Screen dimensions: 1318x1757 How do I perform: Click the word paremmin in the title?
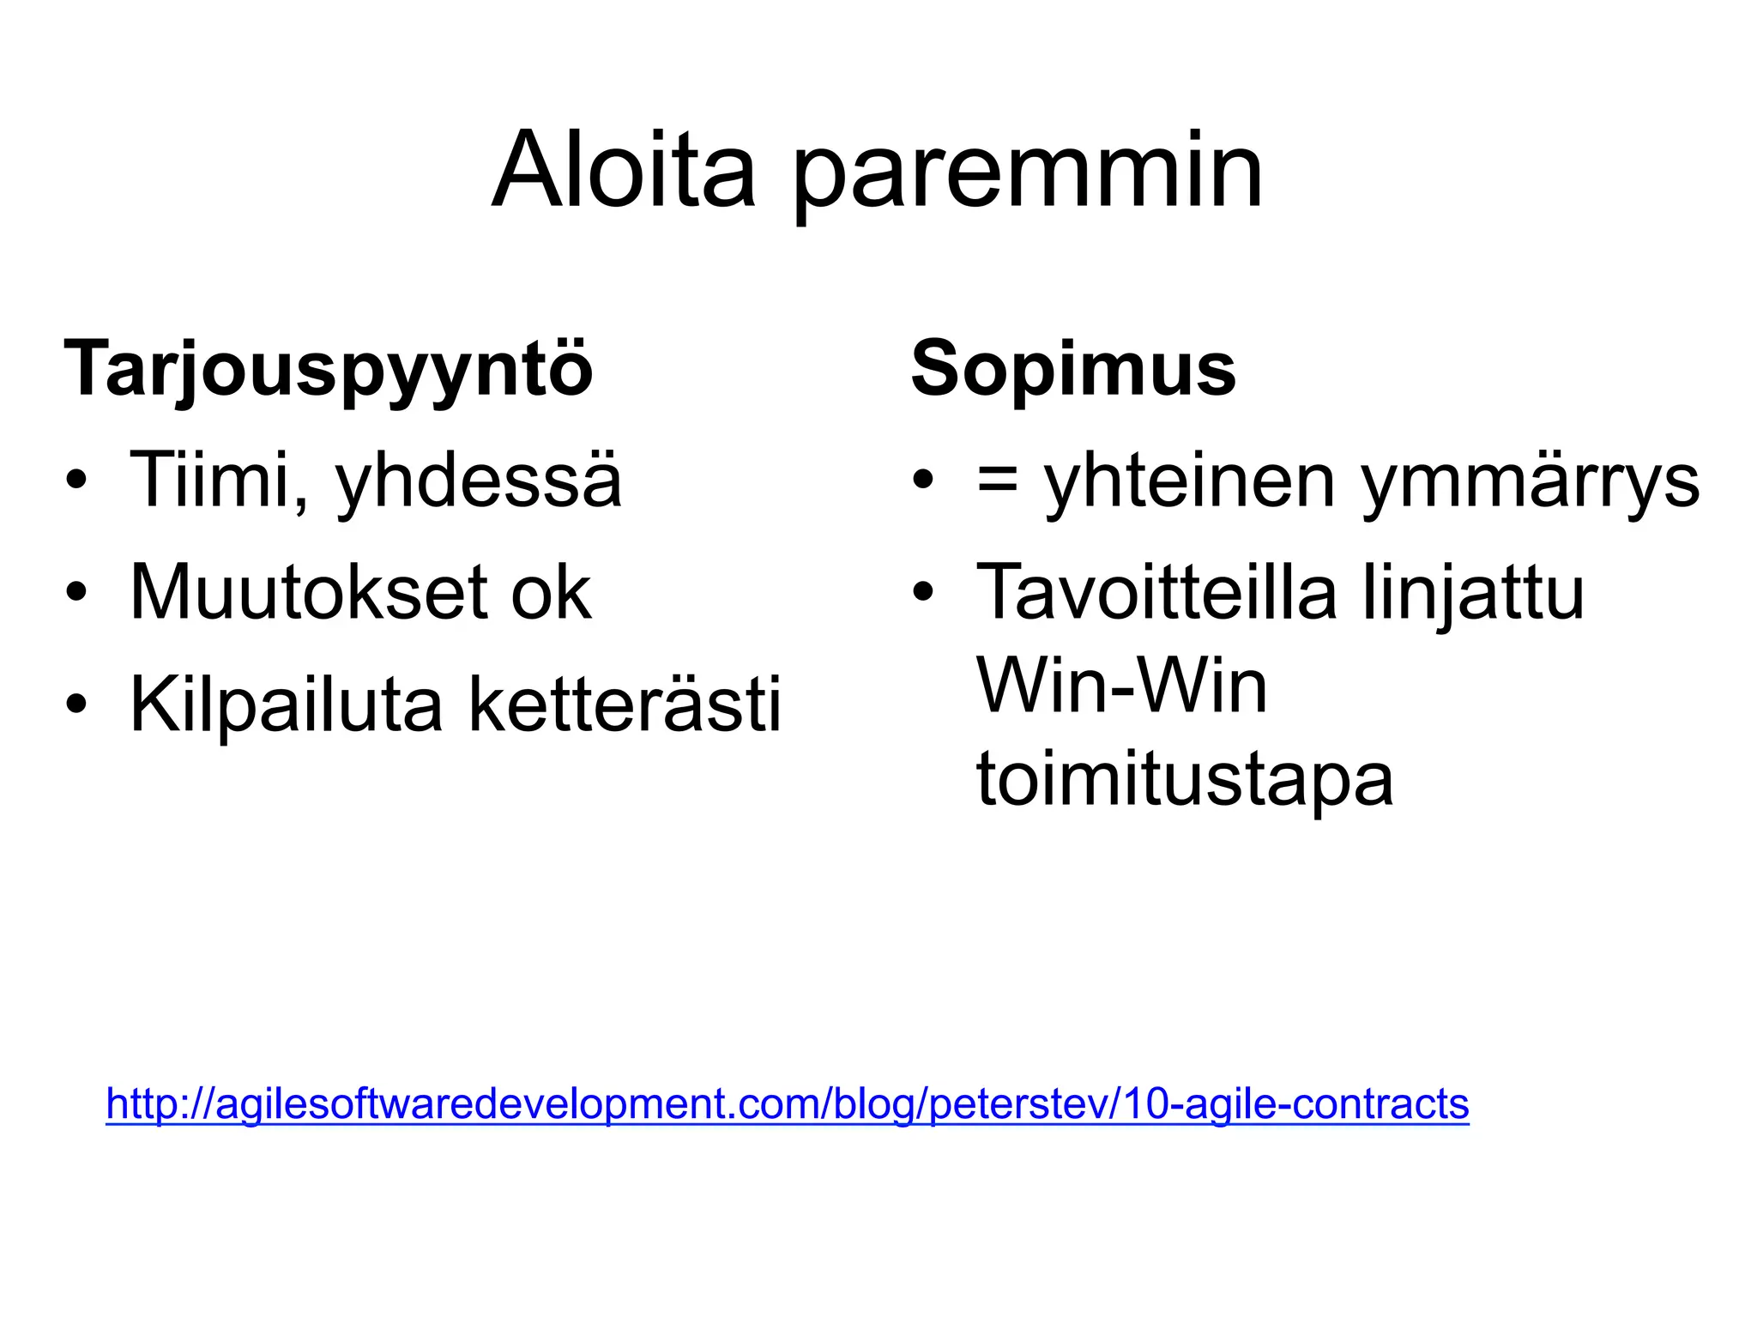(1027, 176)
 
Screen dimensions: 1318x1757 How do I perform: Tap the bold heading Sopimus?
(1073, 369)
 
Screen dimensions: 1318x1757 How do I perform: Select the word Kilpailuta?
(286, 705)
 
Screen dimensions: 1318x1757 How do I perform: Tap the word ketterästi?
(625, 705)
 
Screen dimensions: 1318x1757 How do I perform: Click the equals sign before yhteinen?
(998, 481)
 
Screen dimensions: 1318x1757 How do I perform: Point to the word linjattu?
(1473, 594)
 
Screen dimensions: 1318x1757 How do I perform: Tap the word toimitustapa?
(1185, 781)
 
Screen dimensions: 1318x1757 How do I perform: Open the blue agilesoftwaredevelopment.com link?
(787, 1104)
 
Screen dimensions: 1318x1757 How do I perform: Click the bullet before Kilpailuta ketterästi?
(76, 704)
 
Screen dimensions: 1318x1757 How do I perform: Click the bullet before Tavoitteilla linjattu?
(923, 592)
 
